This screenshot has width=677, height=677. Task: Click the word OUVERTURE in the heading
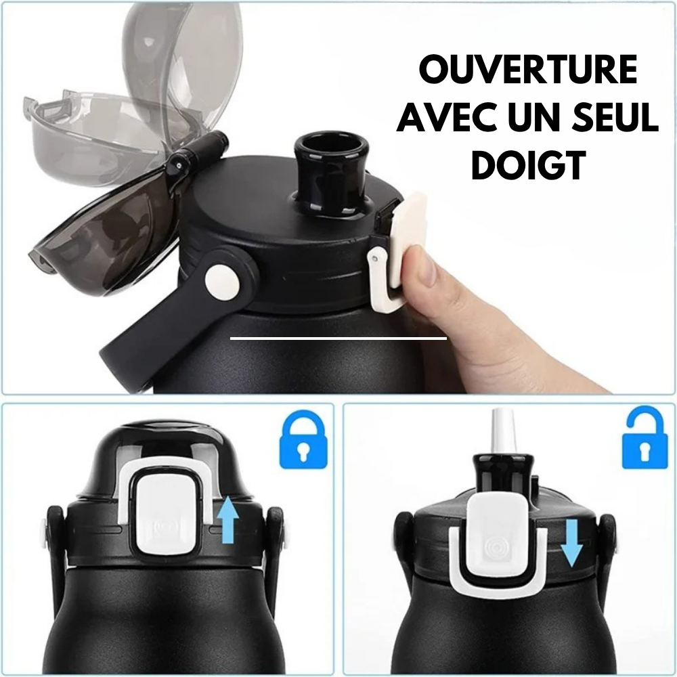pyautogui.click(x=528, y=69)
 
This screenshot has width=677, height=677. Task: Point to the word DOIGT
pyautogui.click(x=528, y=165)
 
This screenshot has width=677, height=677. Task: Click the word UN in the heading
pyautogui.click(x=533, y=116)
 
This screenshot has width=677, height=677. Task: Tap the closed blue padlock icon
pyautogui.click(x=303, y=440)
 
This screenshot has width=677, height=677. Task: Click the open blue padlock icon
pyautogui.click(x=645, y=438)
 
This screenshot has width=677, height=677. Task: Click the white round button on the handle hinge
pyautogui.click(x=222, y=282)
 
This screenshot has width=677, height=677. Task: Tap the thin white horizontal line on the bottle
pyautogui.click(x=338, y=338)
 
